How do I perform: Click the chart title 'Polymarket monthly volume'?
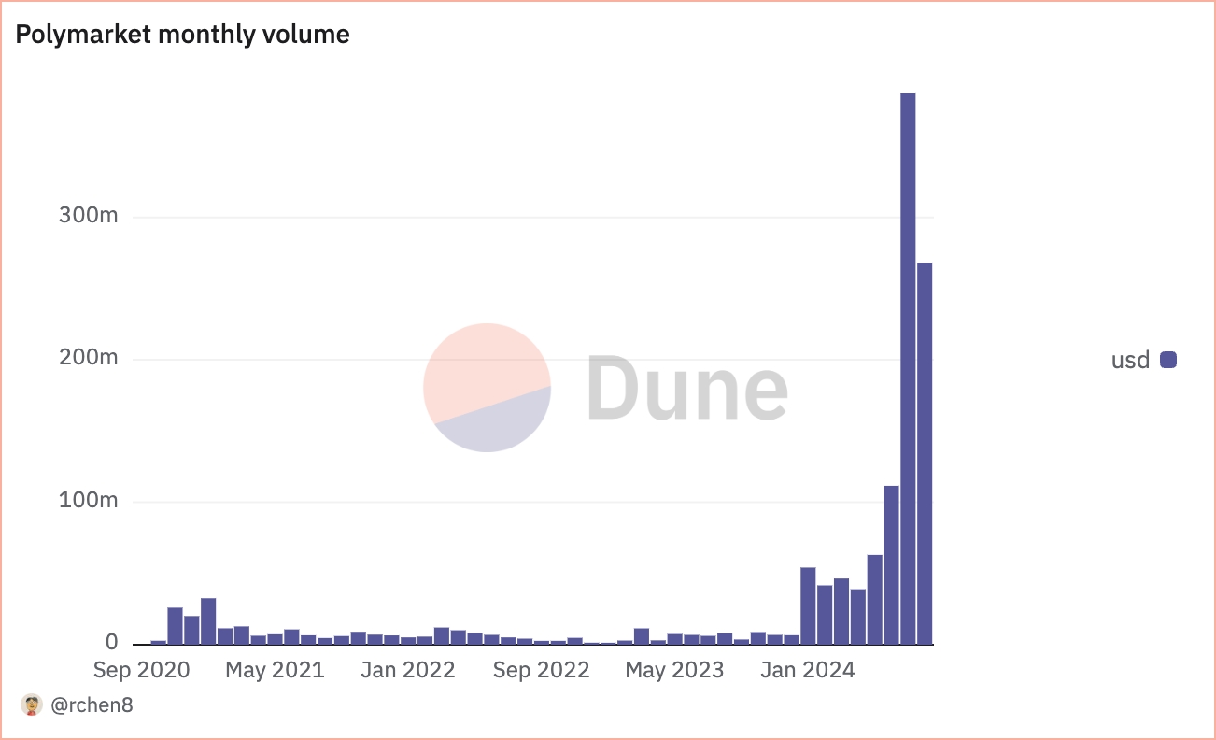(183, 36)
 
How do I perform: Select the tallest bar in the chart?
(908, 368)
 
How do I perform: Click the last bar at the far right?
(925, 453)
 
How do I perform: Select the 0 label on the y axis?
(112, 643)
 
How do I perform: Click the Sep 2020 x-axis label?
(141, 670)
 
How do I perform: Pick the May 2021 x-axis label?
(276, 670)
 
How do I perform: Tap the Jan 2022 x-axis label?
(406, 670)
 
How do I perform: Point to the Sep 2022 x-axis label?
(541, 670)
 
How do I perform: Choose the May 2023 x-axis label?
(674, 670)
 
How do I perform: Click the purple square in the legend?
(1168, 360)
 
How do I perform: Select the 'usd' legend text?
(1130, 360)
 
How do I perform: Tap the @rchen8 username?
(92, 705)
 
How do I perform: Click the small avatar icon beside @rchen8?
(32, 705)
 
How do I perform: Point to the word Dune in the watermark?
(687, 388)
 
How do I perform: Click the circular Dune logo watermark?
(487, 388)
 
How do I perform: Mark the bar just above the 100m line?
(891, 564)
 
